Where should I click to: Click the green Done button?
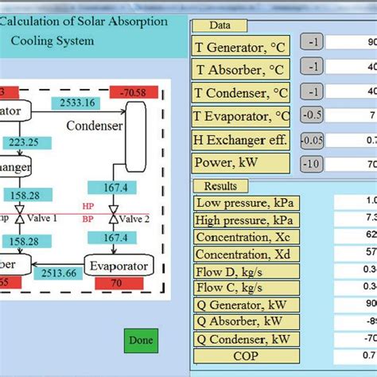(140, 340)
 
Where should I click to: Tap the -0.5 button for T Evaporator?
(311, 116)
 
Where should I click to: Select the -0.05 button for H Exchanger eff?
(311, 141)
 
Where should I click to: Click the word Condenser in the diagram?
(95, 126)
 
